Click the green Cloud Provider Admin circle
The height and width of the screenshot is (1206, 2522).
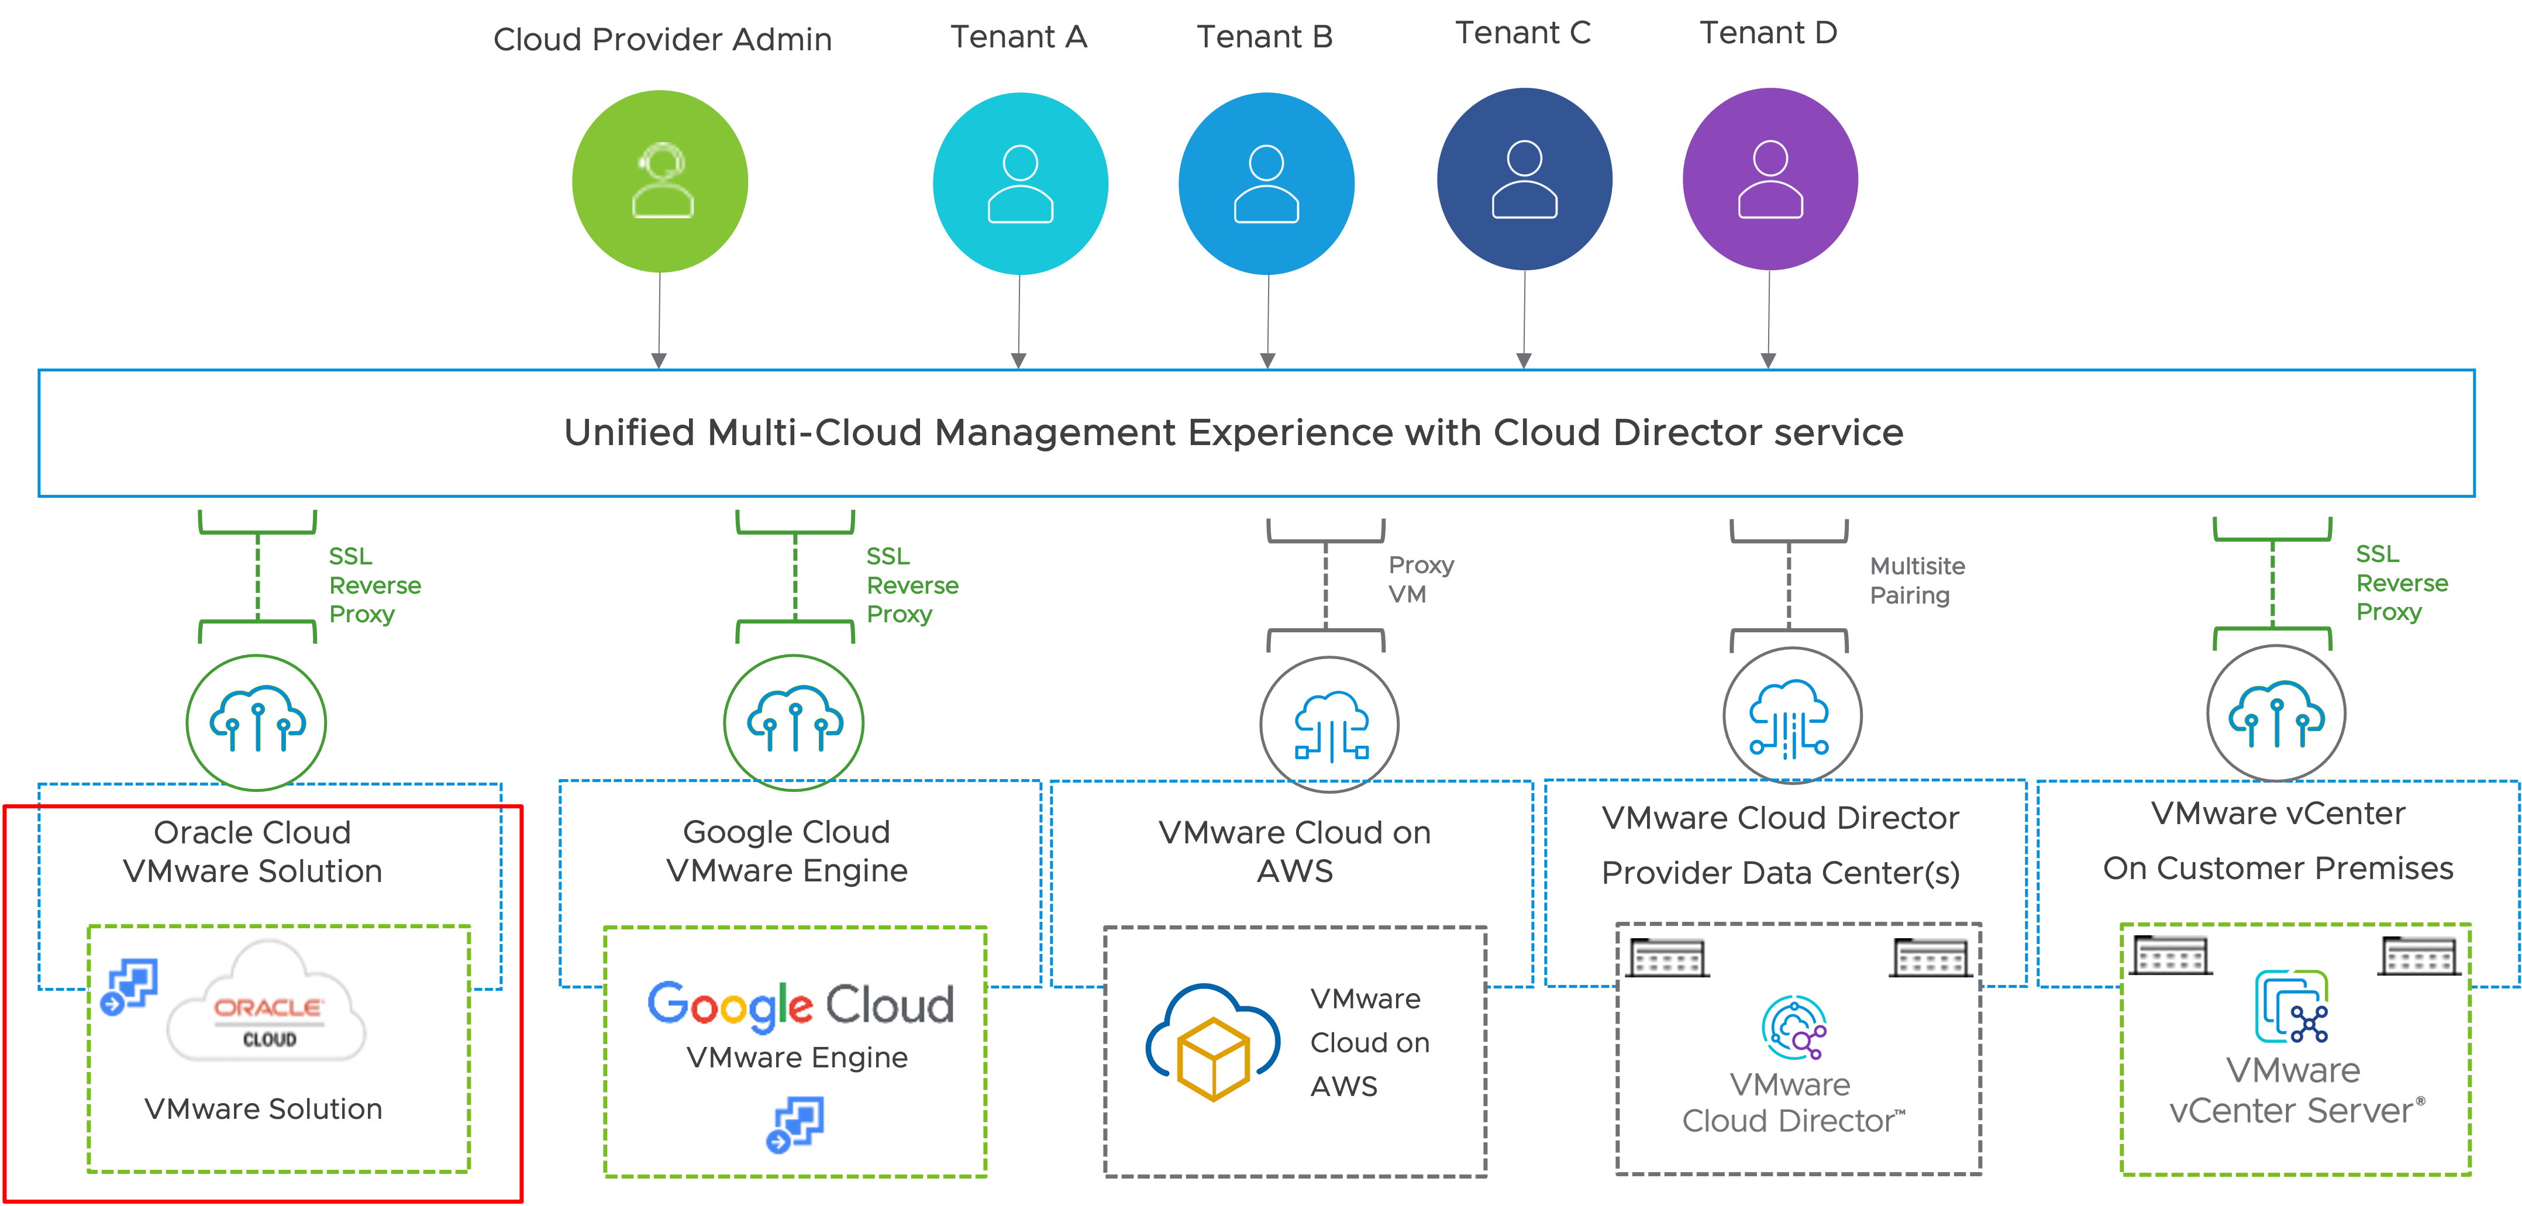[660, 181]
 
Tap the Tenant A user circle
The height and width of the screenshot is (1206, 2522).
[1020, 183]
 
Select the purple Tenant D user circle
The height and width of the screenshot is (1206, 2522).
[1770, 179]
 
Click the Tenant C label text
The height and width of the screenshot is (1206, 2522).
[1522, 33]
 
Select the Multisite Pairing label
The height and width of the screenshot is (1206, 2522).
[1916, 581]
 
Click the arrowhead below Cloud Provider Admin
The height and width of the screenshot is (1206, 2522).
[659, 360]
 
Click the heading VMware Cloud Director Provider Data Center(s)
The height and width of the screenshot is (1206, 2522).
[1780, 845]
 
